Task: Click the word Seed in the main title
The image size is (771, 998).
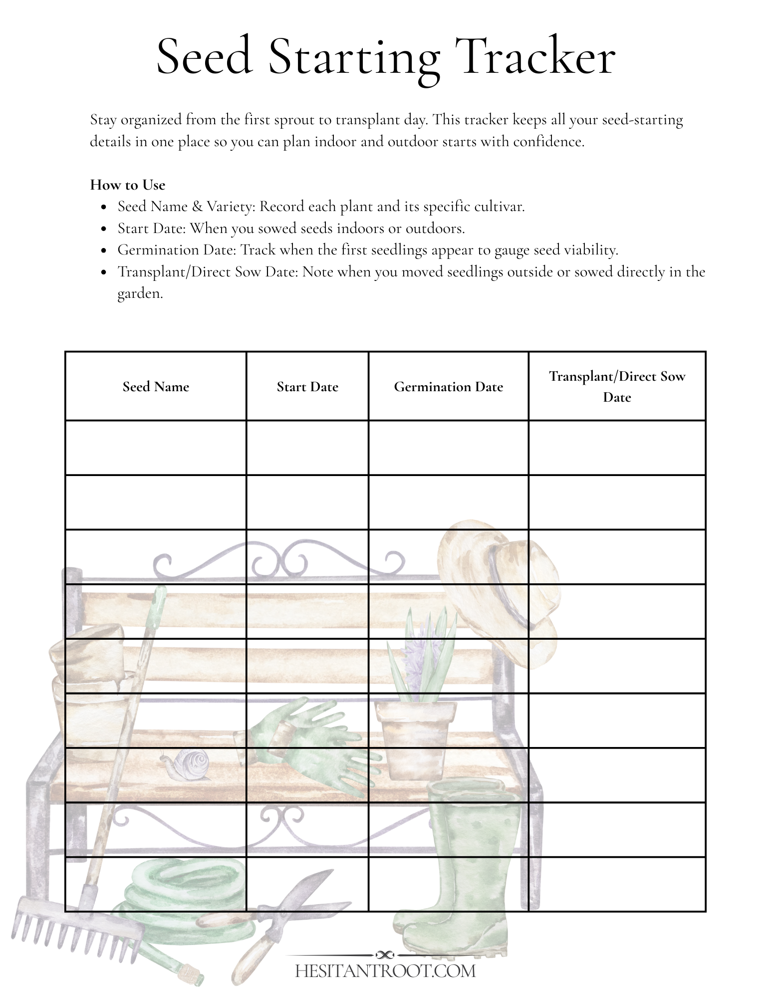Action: pyautogui.click(x=204, y=57)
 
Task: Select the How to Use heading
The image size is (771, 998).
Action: pyautogui.click(x=127, y=185)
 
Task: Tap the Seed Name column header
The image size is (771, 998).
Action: pyautogui.click(x=156, y=387)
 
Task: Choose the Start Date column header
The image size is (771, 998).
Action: pyautogui.click(x=307, y=387)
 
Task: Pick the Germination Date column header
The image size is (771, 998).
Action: pyautogui.click(x=448, y=387)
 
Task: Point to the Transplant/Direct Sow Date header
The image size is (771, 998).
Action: pyautogui.click(x=617, y=386)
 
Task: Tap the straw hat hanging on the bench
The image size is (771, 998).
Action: pyautogui.click(x=499, y=589)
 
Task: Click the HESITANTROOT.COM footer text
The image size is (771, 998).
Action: pyautogui.click(x=385, y=971)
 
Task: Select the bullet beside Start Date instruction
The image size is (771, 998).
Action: pyautogui.click(x=104, y=229)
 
